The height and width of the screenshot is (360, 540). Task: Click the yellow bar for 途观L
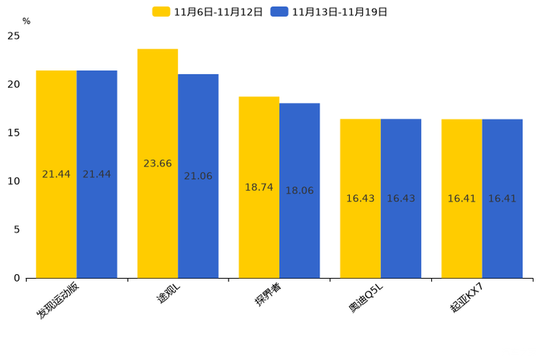click(157, 163)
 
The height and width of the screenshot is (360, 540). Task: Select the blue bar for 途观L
click(198, 176)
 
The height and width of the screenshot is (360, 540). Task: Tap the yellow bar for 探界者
click(259, 187)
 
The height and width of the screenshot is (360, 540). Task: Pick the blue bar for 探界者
click(300, 190)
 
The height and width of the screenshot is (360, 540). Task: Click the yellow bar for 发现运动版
click(56, 174)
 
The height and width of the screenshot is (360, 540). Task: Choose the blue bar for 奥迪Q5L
click(401, 198)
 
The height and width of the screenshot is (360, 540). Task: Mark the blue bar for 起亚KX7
click(502, 198)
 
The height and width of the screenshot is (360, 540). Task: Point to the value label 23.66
click(157, 163)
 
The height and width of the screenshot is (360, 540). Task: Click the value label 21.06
click(198, 176)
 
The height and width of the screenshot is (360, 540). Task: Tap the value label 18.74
click(259, 187)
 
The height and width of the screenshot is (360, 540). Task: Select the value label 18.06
click(300, 190)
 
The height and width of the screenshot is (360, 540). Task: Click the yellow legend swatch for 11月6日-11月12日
click(161, 12)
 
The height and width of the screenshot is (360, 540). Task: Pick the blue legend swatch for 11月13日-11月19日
click(279, 12)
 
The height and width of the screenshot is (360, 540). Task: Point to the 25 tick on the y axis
click(14, 36)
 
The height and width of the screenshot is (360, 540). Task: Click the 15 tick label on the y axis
click(14, 133)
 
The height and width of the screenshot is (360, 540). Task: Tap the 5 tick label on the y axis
click(17, 229)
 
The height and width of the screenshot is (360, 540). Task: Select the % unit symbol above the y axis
click(27, 21)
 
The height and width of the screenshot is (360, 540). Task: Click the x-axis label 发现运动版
click(58, 300)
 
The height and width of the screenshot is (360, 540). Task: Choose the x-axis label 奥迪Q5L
click(366, 298)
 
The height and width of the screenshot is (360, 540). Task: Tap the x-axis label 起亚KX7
click(467, 298)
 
